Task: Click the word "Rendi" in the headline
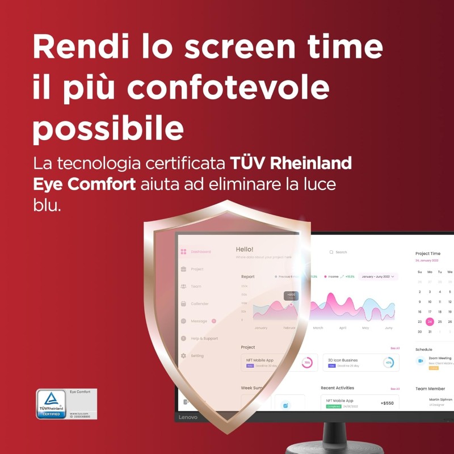point(68,47)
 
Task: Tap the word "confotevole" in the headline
point(228,89)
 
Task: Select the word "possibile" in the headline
point(108,130)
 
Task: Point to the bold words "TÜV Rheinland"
point(291,163)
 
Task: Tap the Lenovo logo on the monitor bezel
point(188,417)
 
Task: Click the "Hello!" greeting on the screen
point(245,249)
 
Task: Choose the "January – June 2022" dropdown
point(378,276)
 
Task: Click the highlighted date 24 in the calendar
point(430,322)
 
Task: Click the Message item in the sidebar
point(198,321)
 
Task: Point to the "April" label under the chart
point(342,328)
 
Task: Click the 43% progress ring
point(388,363)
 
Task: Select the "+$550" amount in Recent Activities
point(387,403)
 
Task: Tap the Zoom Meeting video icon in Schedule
point(421,360)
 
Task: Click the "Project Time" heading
point(427,254)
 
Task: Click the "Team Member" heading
point(430,389)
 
